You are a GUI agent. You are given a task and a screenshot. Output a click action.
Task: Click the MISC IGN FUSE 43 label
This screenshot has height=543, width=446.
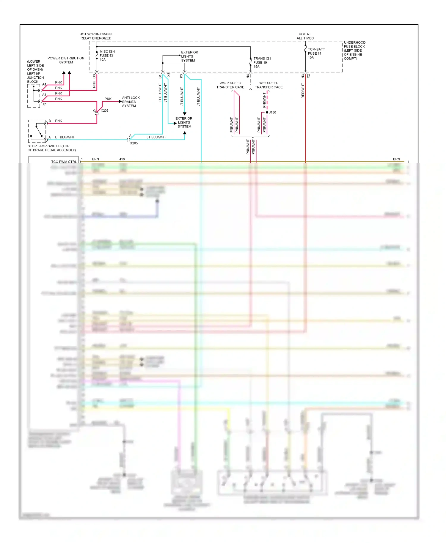(x=107, y=56)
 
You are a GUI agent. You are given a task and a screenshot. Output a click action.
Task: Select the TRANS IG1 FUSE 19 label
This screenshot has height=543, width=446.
(x=262, y=62)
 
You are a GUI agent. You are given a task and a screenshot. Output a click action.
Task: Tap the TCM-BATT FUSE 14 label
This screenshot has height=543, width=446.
(x=316, y=53)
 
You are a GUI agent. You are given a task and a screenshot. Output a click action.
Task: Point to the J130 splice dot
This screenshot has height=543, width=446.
(x=267, y=112)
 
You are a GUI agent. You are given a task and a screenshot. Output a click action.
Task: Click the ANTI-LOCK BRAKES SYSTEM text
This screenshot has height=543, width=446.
(x=131, y=102)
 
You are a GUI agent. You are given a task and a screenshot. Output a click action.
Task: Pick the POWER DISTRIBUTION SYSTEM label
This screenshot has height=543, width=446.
(x=66, y=60)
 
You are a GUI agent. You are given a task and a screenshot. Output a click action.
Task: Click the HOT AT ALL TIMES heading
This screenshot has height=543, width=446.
(x=305, y=36)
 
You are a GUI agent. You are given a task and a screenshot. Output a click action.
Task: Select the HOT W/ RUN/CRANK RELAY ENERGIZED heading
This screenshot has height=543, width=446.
(x=96, y=36)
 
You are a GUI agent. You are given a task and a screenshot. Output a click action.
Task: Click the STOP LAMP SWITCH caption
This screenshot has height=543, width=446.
(x=51, y=148)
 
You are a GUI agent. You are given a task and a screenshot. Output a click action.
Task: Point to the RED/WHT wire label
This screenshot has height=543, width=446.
(x=303, y=91)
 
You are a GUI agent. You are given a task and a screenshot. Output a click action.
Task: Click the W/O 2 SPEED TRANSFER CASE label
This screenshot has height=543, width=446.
(x=230, y=85)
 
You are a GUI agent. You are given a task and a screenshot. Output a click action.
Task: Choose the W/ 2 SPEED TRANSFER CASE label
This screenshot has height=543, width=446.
(x=268, y=85)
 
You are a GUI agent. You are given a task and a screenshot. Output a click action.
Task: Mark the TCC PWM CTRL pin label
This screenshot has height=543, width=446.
(x=64, y=162)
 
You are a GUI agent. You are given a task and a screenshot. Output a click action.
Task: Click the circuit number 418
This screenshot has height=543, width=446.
(x=122, y=159)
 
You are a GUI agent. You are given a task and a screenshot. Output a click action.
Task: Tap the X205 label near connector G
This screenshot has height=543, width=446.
(x=104, y=111)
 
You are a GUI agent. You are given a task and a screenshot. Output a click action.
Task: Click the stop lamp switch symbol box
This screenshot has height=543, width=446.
(x=37, y=131)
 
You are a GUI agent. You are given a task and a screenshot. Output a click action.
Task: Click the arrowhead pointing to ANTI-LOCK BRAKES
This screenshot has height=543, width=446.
(x=120, y=102)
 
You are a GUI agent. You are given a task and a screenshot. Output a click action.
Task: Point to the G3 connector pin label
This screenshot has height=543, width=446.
(x=94, y=76)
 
